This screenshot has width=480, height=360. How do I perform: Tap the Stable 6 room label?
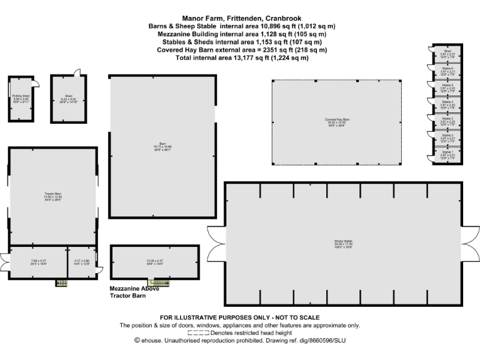tap(447, 70)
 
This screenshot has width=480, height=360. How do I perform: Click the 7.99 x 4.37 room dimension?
tap(39, 262)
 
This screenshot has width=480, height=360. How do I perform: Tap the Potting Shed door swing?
tap(36, 84)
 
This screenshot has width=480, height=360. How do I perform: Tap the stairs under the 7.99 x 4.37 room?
tap(61, 283)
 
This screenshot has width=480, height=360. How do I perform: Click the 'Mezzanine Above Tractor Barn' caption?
tap(134, 292)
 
